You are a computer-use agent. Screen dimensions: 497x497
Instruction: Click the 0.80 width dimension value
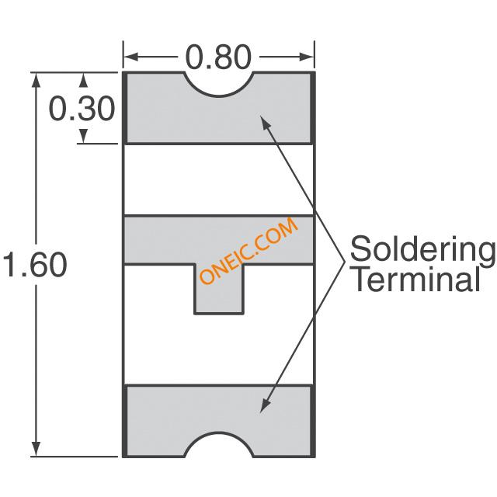[218, 57]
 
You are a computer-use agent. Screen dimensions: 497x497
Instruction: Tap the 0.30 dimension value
[82, 109]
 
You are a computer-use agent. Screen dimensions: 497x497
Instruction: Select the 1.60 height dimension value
[35, 265]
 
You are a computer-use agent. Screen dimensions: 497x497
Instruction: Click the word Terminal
[416, 280]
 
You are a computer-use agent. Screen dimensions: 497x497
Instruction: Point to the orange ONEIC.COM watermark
[248, 251]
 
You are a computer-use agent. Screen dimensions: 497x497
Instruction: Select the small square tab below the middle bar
[219, 289]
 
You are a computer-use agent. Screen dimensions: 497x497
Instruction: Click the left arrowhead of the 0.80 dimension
[130, 57]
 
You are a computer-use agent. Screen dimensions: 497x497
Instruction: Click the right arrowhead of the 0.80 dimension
[307, 57]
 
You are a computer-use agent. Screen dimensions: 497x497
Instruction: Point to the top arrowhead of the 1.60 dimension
[36, 80]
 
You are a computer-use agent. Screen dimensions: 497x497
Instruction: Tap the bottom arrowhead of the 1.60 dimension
[36, 449]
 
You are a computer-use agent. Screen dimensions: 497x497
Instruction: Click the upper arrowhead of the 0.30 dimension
[83, 81]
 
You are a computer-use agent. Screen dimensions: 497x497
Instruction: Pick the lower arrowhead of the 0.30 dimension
[83, 136]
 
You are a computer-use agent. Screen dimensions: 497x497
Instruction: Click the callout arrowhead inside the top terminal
[265, 122]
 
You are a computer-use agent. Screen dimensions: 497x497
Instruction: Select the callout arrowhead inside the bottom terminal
[265, 406]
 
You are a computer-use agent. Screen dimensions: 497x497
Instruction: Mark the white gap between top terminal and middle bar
[219, 179]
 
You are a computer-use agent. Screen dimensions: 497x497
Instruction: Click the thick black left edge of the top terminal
[125, 108]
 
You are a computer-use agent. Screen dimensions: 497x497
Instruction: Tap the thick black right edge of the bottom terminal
[312, 421]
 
